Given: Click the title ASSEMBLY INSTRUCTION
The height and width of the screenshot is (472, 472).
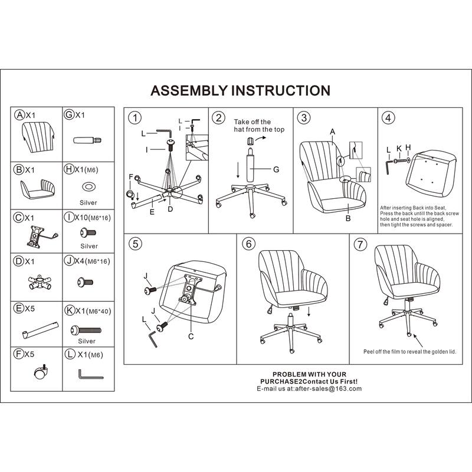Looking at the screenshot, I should click(240, 91).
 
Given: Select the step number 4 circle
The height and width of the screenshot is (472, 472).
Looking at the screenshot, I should click(388, 117).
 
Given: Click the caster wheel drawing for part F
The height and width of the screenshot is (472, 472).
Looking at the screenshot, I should click(39, 373).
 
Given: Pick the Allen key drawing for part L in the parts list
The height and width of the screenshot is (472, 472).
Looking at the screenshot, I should click(90, 374).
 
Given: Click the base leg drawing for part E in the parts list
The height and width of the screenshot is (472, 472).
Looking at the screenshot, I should click(40, 329).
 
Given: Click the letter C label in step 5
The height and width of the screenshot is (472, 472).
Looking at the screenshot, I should click(191, 336).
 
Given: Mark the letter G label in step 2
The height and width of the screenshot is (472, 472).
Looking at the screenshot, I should click(275, 169).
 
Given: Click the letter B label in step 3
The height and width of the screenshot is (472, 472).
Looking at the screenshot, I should click(348, 218).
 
